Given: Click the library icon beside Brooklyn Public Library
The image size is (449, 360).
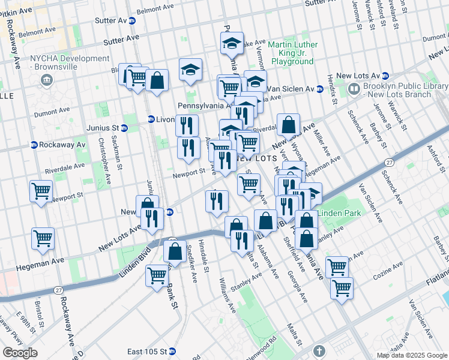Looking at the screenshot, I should (x=354, y=90).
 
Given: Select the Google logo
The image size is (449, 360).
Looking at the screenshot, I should (x=20, y=352).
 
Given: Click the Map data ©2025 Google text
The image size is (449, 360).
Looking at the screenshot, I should (x=412, y=355).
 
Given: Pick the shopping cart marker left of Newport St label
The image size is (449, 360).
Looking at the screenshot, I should (x=41, y=191).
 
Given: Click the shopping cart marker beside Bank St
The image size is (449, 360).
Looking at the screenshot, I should (x=157, y=276).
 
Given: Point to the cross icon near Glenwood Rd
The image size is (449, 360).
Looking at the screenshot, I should (x=319, y=350).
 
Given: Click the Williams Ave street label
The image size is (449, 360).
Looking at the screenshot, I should (x=227, y=294).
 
